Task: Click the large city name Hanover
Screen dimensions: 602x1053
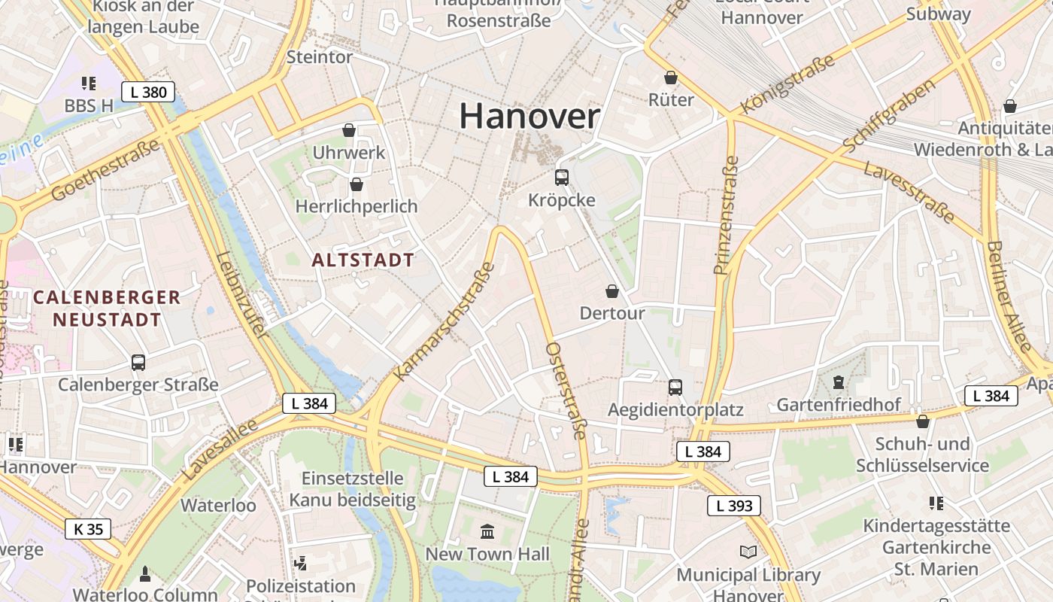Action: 530,117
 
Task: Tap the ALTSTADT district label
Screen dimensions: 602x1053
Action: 363,260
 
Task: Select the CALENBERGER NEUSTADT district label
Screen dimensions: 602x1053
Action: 107,308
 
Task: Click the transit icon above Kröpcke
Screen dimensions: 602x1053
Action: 562,178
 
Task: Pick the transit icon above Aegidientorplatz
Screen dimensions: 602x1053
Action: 675,388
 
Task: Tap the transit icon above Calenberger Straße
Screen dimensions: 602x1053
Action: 138,363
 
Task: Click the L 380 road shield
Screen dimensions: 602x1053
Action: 148,93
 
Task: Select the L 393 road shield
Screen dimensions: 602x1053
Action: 734,506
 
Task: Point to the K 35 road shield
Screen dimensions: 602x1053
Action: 88,529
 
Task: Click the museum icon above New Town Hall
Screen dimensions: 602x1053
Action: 487,532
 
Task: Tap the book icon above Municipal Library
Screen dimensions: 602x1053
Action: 748,552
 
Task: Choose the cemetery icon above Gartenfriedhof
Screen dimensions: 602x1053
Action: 839,382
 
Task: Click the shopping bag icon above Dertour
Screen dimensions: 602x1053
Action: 612,291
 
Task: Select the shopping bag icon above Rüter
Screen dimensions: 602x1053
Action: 671,78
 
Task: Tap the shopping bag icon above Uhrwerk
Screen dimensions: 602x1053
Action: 349,130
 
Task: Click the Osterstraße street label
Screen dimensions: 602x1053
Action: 566,391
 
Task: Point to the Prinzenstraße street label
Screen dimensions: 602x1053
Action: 726,215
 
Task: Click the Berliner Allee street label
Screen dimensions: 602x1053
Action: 1008,296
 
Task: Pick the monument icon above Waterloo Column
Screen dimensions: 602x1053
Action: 145,574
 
